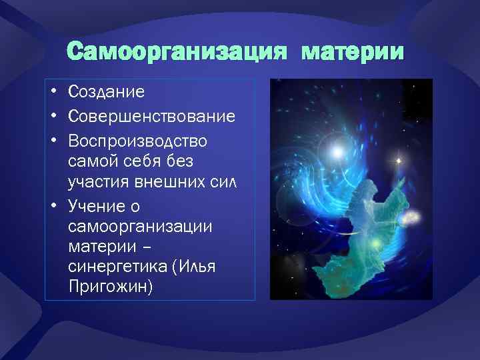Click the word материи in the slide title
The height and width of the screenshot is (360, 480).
(353, 51)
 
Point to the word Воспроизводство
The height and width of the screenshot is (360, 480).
(137, 141)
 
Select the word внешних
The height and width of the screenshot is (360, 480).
(157, 182)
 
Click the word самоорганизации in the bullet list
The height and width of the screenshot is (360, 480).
(140, 225)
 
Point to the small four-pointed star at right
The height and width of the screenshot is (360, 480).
(398, 161)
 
